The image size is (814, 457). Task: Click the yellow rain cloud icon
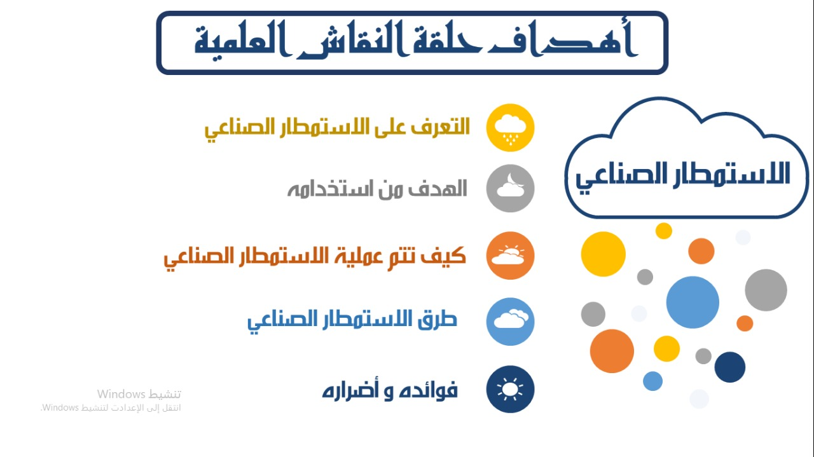click(510, 128)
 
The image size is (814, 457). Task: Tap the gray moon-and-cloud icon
click(510, 188)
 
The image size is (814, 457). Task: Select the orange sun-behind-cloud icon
click(510, 256)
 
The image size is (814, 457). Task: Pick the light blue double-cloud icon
click(510, 322)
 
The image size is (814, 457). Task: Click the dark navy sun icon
click(510, 389)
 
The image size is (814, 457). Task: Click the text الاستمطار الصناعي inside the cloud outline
click(683, 176)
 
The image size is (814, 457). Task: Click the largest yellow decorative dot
click(604, 254)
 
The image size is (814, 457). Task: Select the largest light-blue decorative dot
click(693, 303)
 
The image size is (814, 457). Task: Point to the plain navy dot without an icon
click(729, 367)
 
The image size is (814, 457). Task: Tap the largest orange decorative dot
click(612, 351)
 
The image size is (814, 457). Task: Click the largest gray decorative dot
click(766, 290)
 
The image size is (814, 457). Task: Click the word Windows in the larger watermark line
click(121, 394)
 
